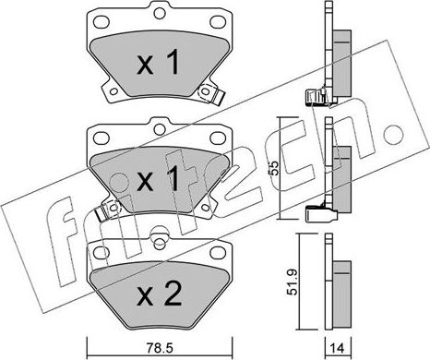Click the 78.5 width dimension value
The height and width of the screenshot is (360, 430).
(x=160, y=348)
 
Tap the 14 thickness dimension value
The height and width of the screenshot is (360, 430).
(x=338, y=348)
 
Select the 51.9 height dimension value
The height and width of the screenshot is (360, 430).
(x=293, y=282)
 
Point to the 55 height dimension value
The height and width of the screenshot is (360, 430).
(x=274, y=168)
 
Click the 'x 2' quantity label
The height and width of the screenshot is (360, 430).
(x=159, y=294)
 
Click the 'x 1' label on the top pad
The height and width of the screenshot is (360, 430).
(x=158, y=63)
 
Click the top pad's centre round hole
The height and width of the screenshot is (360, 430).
(x=159, y=13)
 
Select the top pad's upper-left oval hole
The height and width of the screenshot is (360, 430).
(x=102, y=22)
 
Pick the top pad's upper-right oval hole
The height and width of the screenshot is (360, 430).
(x=218, y=22)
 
